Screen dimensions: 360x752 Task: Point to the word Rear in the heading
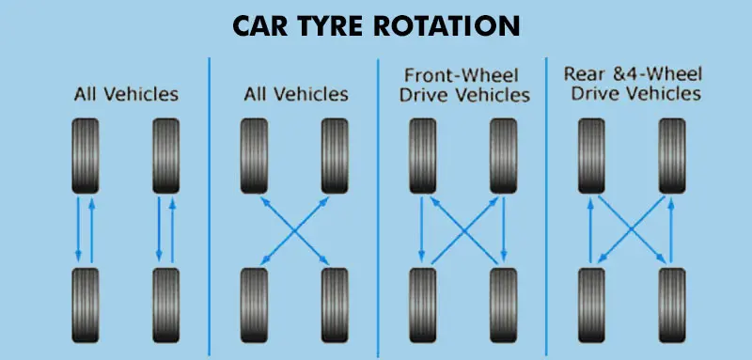click(582, 73)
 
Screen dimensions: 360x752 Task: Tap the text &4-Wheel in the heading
click(657, 73)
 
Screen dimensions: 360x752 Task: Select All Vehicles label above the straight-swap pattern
click(125, 94)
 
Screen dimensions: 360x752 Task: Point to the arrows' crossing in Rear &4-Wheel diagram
click(632, 227)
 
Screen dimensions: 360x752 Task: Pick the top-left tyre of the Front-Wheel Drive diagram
click(420, 154)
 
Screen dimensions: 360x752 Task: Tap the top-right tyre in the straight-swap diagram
click(165, 154)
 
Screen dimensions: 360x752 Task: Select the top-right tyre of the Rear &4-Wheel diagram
click(672, 154)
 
